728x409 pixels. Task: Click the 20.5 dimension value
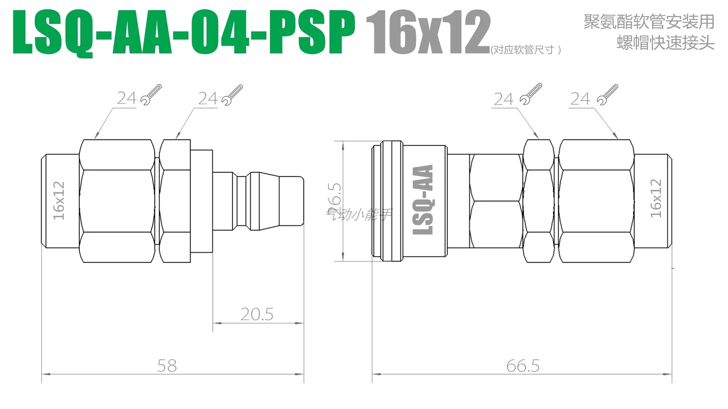[257, 314]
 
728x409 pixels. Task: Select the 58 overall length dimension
[167, 366]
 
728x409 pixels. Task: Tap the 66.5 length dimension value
[522, 366]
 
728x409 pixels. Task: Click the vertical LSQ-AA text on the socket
[423, 200]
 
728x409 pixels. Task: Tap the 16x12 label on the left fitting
[59, 201]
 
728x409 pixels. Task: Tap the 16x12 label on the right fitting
[656, 198]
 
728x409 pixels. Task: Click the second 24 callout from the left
[207, 98]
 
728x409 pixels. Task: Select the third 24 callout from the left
[503, 99]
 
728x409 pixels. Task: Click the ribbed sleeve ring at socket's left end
[391, 201]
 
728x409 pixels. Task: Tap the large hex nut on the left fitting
[117, 201]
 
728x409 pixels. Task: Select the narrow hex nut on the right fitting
[538, 201]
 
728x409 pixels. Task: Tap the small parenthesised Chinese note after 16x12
[526, 50]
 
